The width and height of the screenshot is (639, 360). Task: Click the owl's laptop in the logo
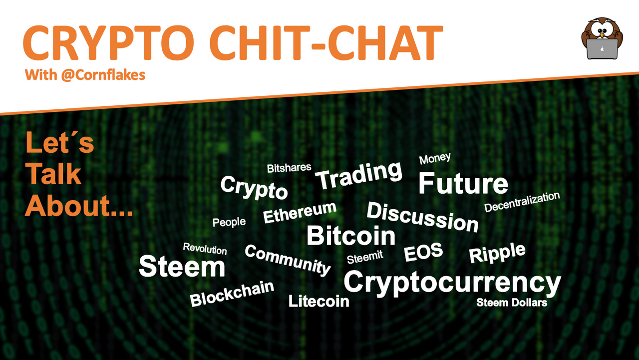(602, 49)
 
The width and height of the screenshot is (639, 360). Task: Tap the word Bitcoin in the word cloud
(351, 236)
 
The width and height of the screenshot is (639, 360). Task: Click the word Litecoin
(319, 301)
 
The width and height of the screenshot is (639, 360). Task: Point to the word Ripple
(497, 253)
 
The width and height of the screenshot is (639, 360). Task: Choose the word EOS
(423, 252)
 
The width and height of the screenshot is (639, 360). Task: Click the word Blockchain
(232, 294)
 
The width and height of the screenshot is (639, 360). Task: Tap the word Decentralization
(522, 202)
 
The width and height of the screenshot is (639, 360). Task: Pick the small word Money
(435, 158)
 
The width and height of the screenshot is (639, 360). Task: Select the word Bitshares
(289, 168)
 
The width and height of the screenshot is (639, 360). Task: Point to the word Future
(463, 183)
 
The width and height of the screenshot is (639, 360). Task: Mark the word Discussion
(422, 217)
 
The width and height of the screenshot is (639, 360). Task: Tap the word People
(229, 222)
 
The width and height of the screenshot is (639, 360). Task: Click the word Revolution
(205, 249)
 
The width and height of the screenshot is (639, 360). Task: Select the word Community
(288, 260)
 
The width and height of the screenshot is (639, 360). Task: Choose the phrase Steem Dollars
(512, 303)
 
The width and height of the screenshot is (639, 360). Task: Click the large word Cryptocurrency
(452, 283)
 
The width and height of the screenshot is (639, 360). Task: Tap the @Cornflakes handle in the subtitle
(103, 75)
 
